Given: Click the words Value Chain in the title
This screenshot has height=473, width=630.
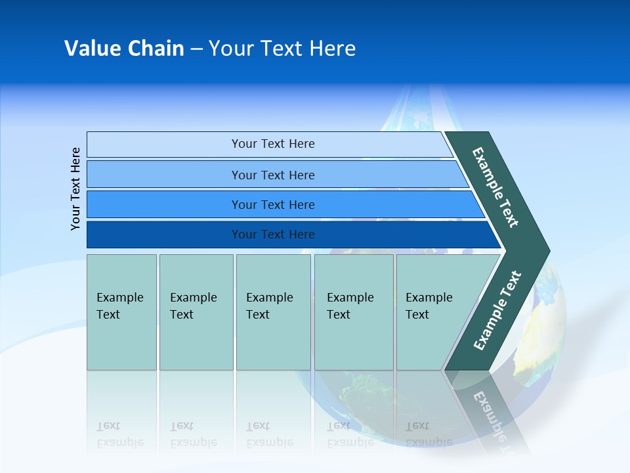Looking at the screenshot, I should [124, 49].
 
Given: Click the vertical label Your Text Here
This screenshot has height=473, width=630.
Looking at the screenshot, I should [75, 189].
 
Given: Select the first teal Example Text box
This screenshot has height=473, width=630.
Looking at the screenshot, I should [121, 312].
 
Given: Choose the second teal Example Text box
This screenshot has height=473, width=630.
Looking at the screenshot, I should [196, 312].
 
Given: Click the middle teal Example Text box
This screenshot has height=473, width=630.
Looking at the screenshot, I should [273, 312].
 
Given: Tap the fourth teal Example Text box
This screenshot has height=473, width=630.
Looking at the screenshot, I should [353, 312].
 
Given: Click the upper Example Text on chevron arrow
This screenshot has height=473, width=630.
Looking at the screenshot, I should [495, 187].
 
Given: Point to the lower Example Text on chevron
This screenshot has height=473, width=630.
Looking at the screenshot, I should [497, 310].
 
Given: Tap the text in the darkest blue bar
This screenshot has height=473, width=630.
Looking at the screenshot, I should [273, 235].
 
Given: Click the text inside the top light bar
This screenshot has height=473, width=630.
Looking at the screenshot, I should [273, 144].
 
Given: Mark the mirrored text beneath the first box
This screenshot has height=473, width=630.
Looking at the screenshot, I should [119, 434].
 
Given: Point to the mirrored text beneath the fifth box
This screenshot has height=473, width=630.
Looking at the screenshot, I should [429, 434].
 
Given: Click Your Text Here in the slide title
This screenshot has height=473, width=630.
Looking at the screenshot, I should [282, 49].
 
